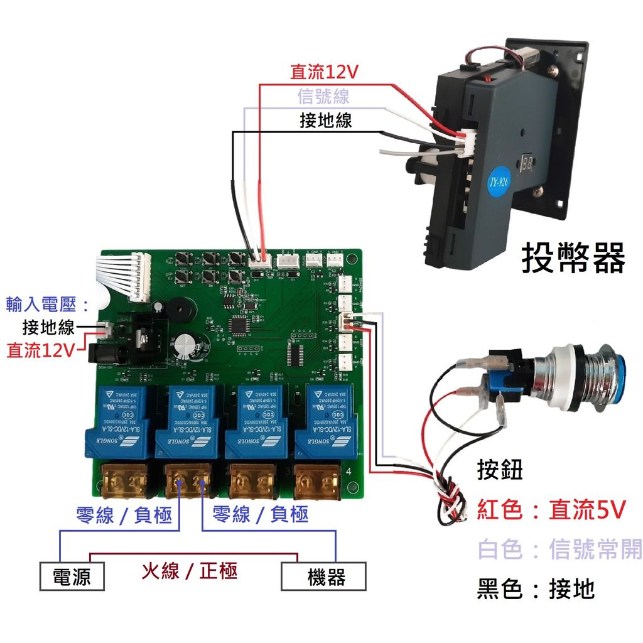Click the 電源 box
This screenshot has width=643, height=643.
coord(71,576)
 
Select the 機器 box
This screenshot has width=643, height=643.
coord(323,576)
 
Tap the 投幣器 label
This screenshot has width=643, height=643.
coord(573,259)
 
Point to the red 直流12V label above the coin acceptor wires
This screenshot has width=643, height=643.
coord(323,72)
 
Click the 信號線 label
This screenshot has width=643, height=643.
coord(323,97)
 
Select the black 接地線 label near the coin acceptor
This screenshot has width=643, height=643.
coord(326,120)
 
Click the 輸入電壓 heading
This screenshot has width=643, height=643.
coord(48,305)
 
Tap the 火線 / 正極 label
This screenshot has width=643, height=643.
coord(188,571)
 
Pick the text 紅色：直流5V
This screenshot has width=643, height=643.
coord(551,510)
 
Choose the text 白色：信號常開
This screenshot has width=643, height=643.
coord(559,549)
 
